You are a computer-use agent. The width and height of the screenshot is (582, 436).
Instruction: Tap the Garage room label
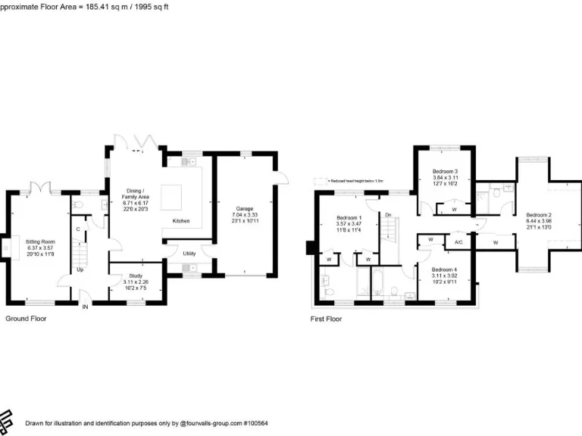[244, 208]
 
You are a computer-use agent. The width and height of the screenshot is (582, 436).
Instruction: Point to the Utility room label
[189, 254]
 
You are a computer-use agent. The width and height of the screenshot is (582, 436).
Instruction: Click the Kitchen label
[181, 221]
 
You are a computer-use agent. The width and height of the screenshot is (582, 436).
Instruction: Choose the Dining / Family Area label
[136, 193]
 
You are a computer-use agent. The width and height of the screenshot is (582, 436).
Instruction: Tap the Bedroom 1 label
[349, 219]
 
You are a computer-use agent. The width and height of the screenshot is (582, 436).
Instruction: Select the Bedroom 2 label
[539, 214]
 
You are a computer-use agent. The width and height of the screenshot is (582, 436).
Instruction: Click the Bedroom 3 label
[445, 172]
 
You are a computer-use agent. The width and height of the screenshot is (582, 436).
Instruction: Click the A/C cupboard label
[458, 243]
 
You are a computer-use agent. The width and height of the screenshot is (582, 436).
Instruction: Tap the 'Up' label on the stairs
[80, 269]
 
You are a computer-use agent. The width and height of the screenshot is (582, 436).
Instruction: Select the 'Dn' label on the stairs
[388, 215]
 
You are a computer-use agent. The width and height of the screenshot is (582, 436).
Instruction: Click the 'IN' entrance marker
[85, 307]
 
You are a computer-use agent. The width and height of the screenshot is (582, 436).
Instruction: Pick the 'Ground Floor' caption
[26, 319]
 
